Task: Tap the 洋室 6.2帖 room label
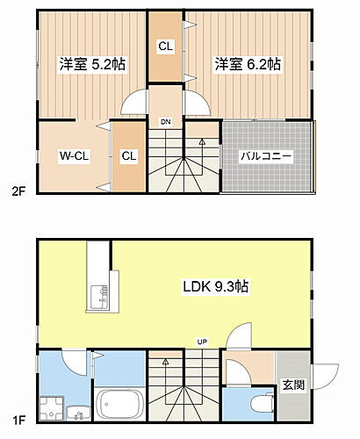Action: click(x=248, y=64)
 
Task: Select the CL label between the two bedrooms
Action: click(x=164, y=47)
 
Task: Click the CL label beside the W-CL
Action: click(x=129, y=156)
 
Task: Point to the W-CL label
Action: click(x=72, y=156)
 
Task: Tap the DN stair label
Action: click(x=164, y=122)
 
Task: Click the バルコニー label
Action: click(x=267, y=156)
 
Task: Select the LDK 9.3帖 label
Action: click(x=216, y=286)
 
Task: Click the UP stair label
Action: click(x=201, y=342)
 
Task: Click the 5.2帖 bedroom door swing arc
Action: click(x=134, y=103)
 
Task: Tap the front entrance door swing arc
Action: click(x=328, y=372)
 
